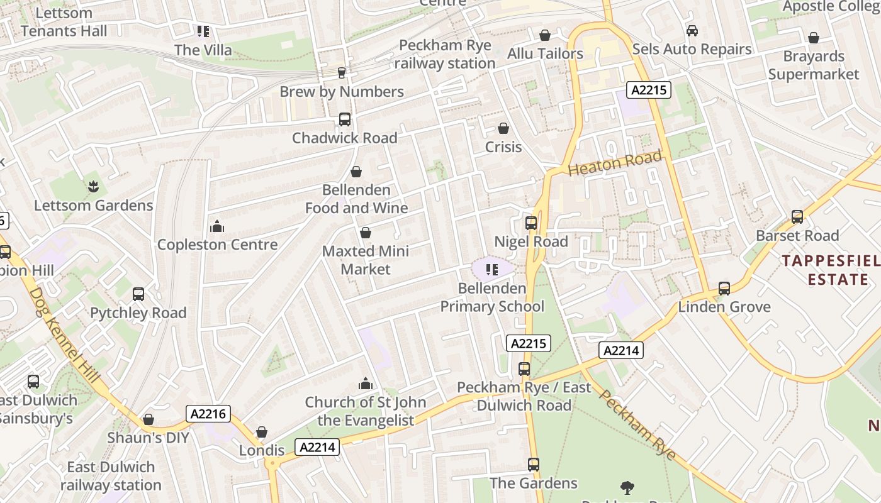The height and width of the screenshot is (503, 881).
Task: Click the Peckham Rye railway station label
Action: (445, 54)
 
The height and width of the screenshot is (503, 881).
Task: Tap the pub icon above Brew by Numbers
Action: (342, 73)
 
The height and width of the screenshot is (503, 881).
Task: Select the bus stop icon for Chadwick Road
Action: (344, 119)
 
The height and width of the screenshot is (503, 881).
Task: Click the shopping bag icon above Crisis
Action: (503, 128)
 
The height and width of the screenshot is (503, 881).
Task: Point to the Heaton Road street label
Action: (615, 163)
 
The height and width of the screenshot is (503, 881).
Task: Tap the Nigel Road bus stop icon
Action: (531, 223)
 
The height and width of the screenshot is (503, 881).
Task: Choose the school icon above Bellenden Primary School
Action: (492, 270)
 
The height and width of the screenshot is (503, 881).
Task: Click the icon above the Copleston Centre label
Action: (217, 226)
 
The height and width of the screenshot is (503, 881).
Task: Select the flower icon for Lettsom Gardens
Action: (93, 186)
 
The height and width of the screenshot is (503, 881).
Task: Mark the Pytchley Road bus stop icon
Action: (138, 294)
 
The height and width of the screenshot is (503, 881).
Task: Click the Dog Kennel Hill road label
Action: (64, 337)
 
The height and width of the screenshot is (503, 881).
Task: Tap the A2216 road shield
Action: (209, 414)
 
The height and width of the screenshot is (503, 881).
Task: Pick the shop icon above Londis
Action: (262, 432)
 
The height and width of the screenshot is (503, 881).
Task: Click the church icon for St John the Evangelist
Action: (365, 384)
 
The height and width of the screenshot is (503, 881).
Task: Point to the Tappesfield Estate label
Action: (831, 270)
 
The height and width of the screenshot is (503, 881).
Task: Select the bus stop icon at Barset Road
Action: (797, 217)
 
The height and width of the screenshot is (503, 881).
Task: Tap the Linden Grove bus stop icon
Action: (724, 289)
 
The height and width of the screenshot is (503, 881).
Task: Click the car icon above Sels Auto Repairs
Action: (692, 30)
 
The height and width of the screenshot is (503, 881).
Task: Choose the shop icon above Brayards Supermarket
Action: (814, 38)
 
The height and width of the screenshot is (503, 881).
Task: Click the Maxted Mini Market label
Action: (366, 260)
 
